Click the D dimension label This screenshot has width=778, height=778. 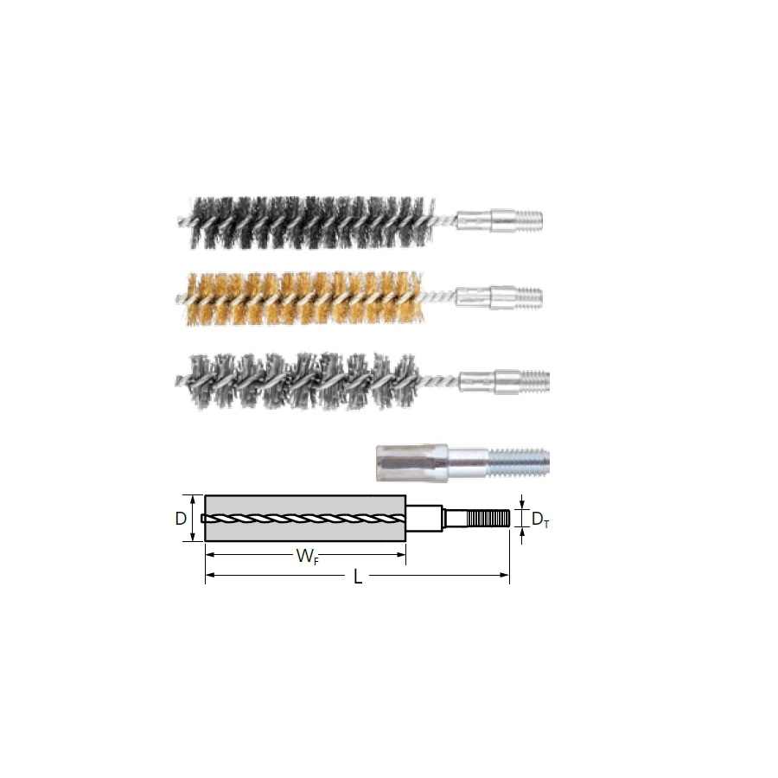tap(181, 519)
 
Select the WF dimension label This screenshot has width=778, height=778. tap(307, 556)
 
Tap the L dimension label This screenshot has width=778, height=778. tap(357, 577)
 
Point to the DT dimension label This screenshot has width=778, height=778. tap(539, 520)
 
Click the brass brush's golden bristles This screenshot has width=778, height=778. tap(303, 299)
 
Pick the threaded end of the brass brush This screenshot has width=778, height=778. tap(529, 297)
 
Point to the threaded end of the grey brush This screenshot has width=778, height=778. tap(535, 380)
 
